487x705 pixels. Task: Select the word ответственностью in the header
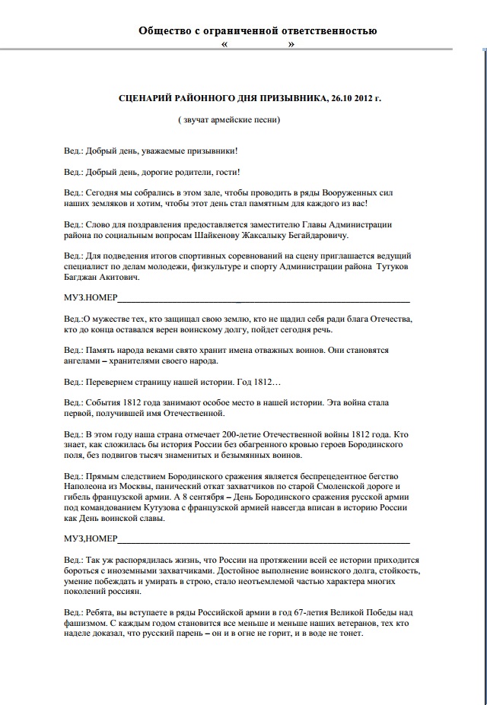pyautogui.click(x=332, y=31)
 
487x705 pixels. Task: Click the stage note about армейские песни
pyautogui.click(x=229, y=119)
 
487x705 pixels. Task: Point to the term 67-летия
pyautogui.click(x=292, y=612)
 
